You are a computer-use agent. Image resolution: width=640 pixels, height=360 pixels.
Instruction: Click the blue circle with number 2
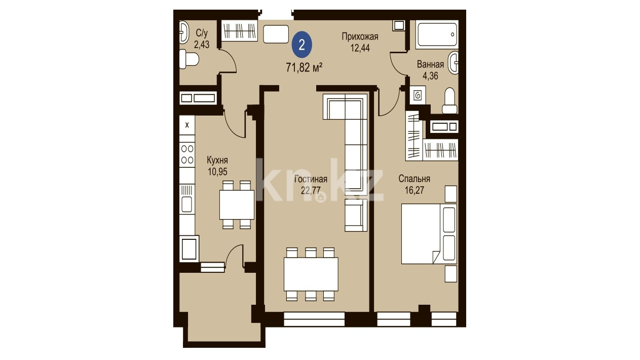pyautogui.click(x=302, y=45)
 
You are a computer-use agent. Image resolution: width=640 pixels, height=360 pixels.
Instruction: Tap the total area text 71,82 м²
pyautogui.click(x=304, y=68)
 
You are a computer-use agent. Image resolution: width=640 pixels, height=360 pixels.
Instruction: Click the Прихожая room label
pyautogui.click(x=360, y=37)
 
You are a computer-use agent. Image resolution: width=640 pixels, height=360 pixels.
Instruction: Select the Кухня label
pyautogui.click(x=217, y=160)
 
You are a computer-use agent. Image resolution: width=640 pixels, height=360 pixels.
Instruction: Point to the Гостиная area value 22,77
pyautogui.click(x=311, y=190)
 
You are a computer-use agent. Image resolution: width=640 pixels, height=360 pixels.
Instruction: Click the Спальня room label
pyautogui.click(x=415, y=178)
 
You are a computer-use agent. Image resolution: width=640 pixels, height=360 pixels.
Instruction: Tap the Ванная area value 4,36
pyautogui.click(x=430, y=76)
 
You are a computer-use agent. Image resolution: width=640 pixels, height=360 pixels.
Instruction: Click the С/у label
pyautogui.click(x=202, y=33)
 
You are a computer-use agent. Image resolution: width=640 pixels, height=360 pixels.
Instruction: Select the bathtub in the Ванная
pyautogui.click(x=437, y=34)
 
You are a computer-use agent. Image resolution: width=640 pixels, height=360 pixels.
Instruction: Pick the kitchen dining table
pyautogui.click(x=237, y=205)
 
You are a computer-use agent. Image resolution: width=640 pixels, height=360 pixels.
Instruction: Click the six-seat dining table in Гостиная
pyautogui.click(x=311, y=274)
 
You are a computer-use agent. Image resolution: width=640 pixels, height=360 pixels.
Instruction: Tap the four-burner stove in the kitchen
pyautogui.click(x=187, y=155)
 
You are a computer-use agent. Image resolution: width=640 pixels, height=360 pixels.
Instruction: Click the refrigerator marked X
pyautogui.click(x=187, y=125)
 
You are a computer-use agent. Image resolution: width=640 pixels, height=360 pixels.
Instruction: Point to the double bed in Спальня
pyautogui.click(x=429, y=234)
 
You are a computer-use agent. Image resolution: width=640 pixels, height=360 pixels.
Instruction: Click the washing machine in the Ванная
pyautogui.click(x=418, y=95)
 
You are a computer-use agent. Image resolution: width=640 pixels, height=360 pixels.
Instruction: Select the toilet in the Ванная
pyautogui.click(x=449, y=101)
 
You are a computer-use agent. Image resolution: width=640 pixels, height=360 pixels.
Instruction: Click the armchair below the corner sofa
pyautogui.click(x=356, y=215)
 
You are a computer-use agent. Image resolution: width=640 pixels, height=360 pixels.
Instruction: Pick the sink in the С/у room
pyautogui.click(x=184, y=32)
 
